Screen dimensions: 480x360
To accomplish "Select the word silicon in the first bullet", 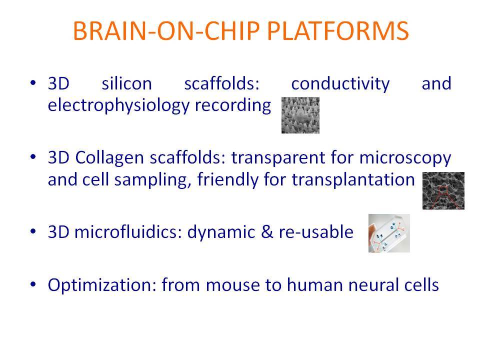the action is (126, 83).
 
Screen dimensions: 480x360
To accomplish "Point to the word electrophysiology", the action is (119, 105).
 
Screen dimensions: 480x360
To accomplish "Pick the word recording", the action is (233, 105).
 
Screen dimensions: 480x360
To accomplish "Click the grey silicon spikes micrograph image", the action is (300, 115).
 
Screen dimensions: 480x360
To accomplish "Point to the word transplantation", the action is (353, 180).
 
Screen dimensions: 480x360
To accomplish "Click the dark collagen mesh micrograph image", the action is (443, 190).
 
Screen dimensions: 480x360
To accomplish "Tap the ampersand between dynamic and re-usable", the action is (267, 232).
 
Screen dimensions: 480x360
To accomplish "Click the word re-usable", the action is (316, 232).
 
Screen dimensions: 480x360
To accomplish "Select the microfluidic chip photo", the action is (389, 233).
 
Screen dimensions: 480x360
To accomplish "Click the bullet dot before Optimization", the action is (33, 284).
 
